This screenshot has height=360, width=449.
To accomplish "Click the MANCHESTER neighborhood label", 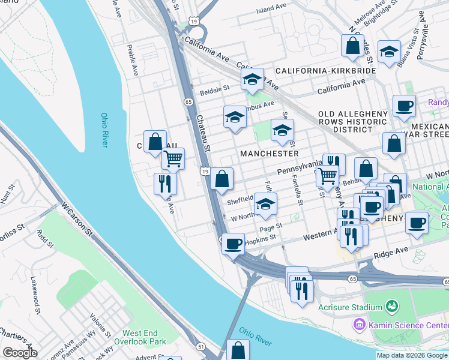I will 270,154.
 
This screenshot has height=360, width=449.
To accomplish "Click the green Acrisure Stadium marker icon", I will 392,307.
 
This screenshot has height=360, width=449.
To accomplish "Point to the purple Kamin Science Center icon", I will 359,325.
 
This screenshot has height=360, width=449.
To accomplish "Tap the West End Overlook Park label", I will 143,337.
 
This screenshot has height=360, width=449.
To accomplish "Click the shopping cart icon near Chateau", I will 172,159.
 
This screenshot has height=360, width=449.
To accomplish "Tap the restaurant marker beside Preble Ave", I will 164,184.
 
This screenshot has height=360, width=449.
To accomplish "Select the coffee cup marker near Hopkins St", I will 234,244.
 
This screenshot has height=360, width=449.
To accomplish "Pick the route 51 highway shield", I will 200,346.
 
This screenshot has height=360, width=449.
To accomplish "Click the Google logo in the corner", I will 19,353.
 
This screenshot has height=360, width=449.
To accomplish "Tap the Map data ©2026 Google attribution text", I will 412,355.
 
